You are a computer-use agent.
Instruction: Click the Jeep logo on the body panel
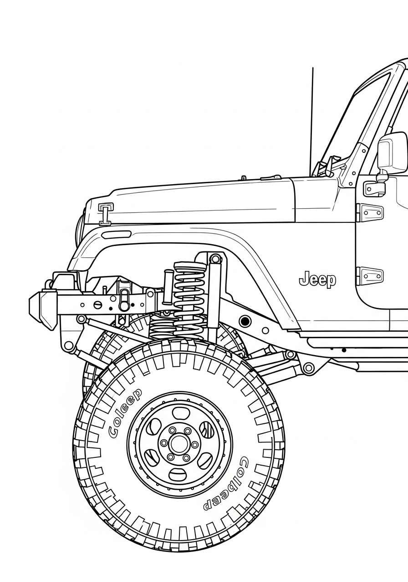(317, 279)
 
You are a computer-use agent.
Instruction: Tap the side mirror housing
(392, 152)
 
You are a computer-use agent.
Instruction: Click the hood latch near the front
(106, 213)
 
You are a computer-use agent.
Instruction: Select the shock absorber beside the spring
(214, 296)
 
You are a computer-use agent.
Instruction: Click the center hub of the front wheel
(179, 444)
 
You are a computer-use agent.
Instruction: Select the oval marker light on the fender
(116, 235)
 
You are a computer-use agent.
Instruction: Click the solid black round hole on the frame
(245, 321)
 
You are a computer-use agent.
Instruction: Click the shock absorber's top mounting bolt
(215, 260)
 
